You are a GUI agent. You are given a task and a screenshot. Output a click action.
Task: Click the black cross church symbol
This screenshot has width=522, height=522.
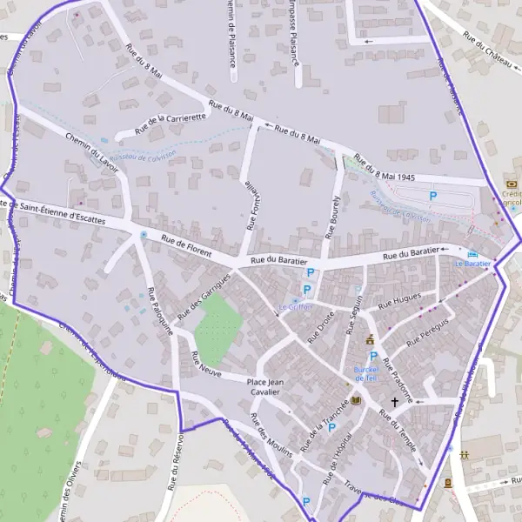coord(395,403)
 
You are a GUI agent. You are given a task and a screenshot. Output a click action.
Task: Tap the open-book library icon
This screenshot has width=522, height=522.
coord(355,401)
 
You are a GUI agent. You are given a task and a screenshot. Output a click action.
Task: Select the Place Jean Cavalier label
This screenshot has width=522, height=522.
coord(267,387)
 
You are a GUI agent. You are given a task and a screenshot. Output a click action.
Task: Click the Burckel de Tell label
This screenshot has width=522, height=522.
coord(364,372)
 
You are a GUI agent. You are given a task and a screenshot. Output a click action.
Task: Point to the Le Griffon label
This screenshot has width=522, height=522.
coord(295,306)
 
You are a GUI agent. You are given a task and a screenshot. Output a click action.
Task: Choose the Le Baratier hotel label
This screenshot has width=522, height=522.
coord(478,263)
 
